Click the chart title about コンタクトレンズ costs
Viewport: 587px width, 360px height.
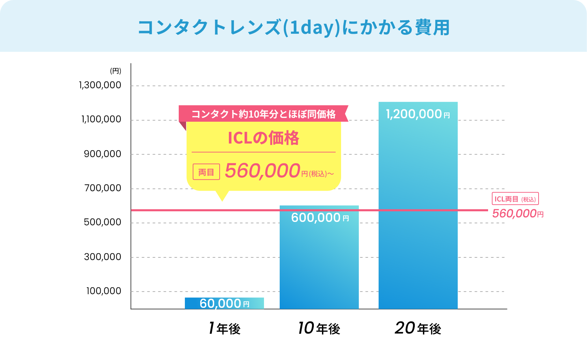[x=293, y=28]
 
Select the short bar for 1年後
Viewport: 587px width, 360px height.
[x=224, y=303]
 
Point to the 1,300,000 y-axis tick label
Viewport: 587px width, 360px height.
[x=100, y=85]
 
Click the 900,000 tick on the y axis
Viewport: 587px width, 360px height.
[x=102, y=154]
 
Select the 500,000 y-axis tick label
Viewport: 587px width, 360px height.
[x=102, y=222]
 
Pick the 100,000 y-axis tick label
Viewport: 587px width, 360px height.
[x=104, y=291]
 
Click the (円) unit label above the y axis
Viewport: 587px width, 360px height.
[x=115, y=71]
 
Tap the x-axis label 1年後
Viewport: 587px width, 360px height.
[x=224, y=328]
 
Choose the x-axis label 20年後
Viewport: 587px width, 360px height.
[x=418, y=328]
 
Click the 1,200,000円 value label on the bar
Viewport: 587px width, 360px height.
[x=418, y=114]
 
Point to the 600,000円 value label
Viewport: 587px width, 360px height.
[x=320, y=218]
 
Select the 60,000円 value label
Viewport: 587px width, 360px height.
[x=224, y=303]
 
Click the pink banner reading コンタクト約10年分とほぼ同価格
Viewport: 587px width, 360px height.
[x=263, y=114]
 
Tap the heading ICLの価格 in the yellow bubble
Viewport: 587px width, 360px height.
[x=263, y=138]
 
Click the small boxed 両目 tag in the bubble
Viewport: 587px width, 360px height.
[x=206, y=172]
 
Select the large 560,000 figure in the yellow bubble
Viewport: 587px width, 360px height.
[x=262, y=171]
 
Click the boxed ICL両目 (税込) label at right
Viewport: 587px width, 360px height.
[x=515, y=199]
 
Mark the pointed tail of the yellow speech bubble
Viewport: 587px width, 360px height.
[x=222, y=197]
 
